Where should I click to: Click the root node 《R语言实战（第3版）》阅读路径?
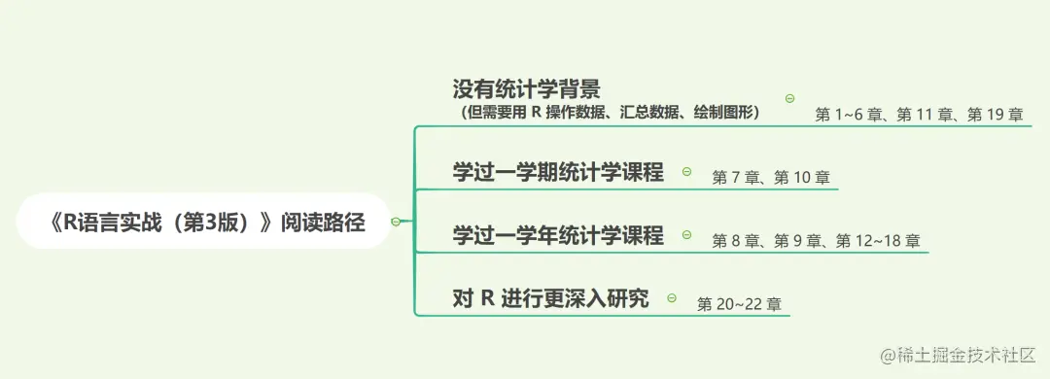click(x=206, y=222)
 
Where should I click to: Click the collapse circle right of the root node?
click(x=396, y=222)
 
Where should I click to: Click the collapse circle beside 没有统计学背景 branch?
click(x=789, y=98)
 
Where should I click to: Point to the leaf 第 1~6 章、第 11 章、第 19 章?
click(x=919, y=115)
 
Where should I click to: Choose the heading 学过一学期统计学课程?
click(x=558, y=172)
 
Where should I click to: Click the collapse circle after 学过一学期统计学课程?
click(x=686, y=172)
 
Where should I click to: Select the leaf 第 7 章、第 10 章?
click(x=771, y=178)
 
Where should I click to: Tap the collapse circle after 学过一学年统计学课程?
click(x=686, y=234)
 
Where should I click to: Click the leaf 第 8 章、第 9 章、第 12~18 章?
click(x=816, y=240)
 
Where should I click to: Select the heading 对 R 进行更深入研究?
click(x=550, y=297)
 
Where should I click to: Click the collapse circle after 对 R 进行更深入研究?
click(x=672, y=297)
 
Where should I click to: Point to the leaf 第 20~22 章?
click(x=739, y=304)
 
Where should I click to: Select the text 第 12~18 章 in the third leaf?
click(x=877, y=240)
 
